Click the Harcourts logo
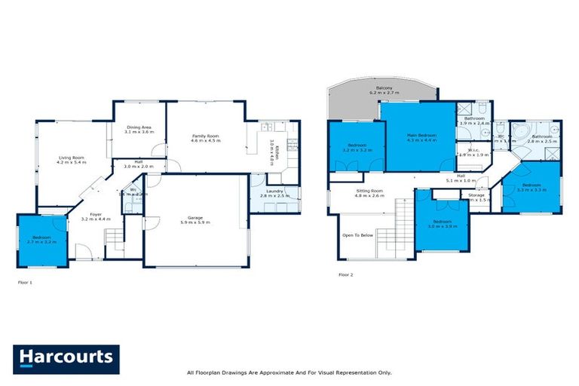click(66, 358)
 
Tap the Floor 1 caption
click(26, 283)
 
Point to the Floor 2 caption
click(346, 274)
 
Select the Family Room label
click(204, 137)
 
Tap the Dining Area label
click(139, 130)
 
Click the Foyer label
click(96, 216)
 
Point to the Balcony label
click(384, 90)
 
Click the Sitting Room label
click(369, 193)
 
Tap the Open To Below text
click(357, 235)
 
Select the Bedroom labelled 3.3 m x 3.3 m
click(532, 187)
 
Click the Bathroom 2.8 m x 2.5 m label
click(541, 139)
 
